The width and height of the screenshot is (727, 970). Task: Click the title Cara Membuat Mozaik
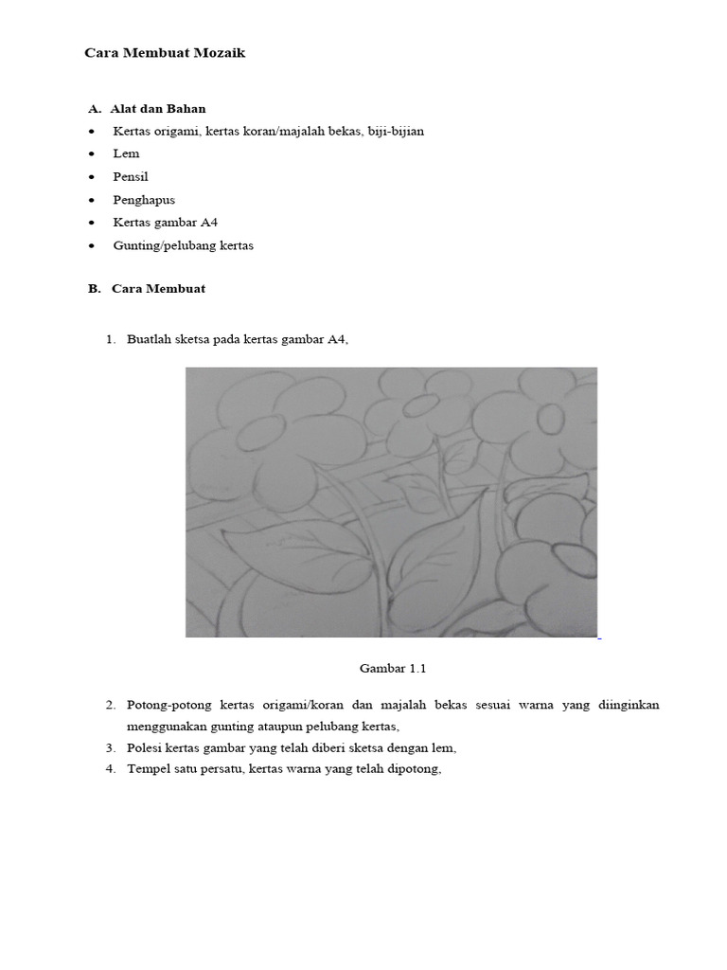pyautogui.click(x=165, y=53)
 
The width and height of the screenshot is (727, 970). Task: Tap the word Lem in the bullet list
pyautogui.click(x=126, y=153)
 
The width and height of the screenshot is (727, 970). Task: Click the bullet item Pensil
pyautogui.click(x=131, y=176)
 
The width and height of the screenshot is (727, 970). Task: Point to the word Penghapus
pyautogui.click(x=144, y=200)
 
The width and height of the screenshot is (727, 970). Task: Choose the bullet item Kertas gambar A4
pyautogui.click(x=166, y=223)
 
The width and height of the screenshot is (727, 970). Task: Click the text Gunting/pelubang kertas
pyautogui.click(x=183, y=245)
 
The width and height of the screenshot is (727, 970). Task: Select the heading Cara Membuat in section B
pyautogui.click(x=158, y=288)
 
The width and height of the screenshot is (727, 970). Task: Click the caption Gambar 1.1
pyautogui.click(x=393, y=668)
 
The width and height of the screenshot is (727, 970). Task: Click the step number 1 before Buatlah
pyautogui.click(x=110, y=339)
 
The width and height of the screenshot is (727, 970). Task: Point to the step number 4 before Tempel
pyautogui.click(x=110, y=768)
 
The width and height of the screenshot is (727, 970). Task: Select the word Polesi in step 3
pyautogui.click(x=145, y=747)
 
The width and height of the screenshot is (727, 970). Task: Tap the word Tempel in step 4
pyautogui.click(x=149, y=768)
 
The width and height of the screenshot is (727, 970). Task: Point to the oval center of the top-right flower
pyautogui.click(x=550, y=417)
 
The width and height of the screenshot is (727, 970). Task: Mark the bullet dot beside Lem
pyautogui.click(x=91, y=154)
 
